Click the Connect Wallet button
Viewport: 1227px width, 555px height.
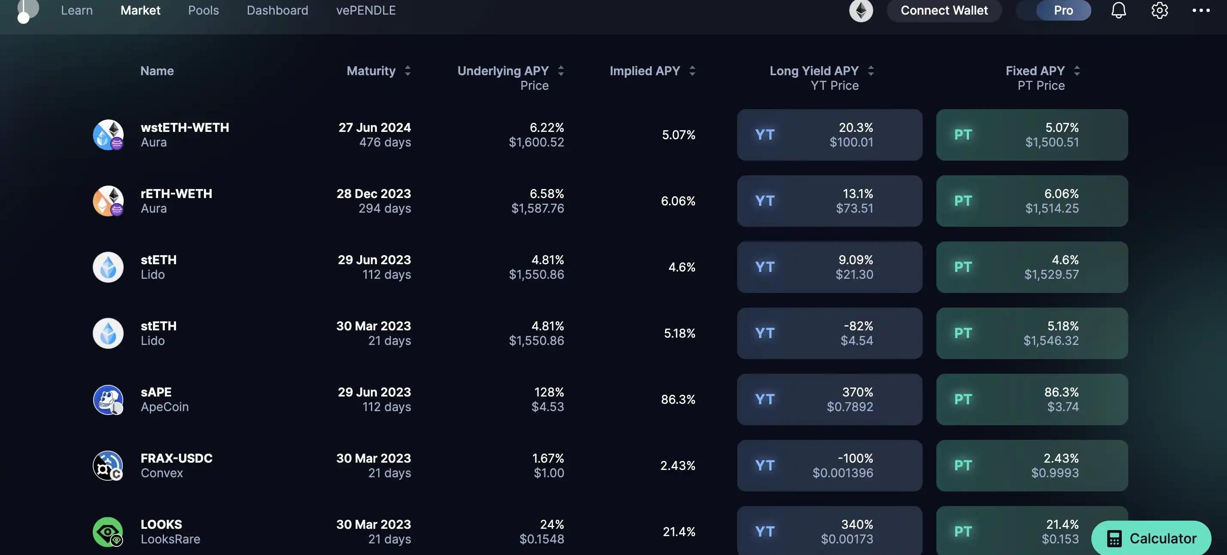pyautogui.click(x=944, y=10)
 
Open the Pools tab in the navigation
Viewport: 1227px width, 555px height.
pyautogui.click(x=203, y=10)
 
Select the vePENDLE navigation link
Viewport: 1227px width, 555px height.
pyautogui.click(x=366, y=10)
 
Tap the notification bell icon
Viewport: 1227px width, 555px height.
pyautogui.click(x=1118, y=10)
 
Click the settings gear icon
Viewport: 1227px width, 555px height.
pyautogui.click(x=1159, y=10)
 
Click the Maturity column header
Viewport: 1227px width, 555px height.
pyautogui.click(x=371, y=71)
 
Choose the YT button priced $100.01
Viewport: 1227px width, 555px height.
pyautogui.click(x=829, y=135)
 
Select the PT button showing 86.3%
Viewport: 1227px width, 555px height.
pyautogui.click(x=1032, y=399)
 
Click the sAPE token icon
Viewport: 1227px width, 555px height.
pyautogui.click(x=108, y=399)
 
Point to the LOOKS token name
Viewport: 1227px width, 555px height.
pyautogui.click(x=161, y=525)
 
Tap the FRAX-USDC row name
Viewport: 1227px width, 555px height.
pyautogui.click(x=176, y=458)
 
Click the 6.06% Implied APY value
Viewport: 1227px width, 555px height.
pyautogui.click(x=678, y=201)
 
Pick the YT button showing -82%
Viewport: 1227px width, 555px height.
pyautogui.click(x=829, y=333)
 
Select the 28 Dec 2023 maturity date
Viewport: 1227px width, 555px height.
pyautogui.click(x=374, y=194)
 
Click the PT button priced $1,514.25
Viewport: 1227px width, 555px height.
pyautogui.click(x=1032, y=201)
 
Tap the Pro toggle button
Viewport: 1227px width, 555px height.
pyautogui.click(x=1063, y=10)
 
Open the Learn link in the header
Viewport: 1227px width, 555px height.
pyautogui.click(x=77, y=10)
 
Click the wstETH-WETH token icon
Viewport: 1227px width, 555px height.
pyautogui.click(x=108, y=135)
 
